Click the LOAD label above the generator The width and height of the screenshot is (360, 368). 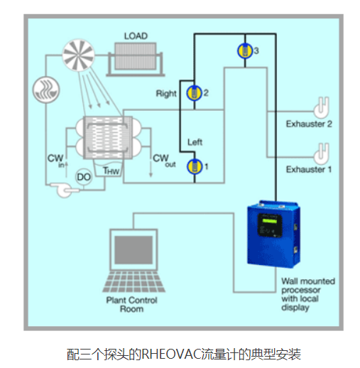pos(136,36)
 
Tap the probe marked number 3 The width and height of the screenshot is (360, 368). pos(245,50)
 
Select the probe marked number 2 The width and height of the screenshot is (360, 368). pos(195,93)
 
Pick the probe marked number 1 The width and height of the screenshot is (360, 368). pos(195,166)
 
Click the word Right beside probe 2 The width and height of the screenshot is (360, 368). pos(166,94)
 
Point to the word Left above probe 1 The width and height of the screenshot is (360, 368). pos(195,142)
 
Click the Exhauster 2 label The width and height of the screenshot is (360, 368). pos(309,124)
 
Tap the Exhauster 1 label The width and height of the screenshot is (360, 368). pos(309,169)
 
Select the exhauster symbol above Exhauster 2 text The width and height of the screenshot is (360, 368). pos(322,107)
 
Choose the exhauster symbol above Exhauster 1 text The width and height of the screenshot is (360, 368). pos(322,154)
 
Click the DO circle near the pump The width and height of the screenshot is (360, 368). pos(84,177)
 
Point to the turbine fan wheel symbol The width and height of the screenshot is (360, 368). pos(78,55)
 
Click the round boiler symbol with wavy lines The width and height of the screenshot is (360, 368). pos(46,90)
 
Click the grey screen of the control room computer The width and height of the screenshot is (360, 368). pos(133,250)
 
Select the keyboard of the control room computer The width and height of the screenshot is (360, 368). pos(134,282)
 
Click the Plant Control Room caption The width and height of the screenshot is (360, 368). pos(131,305)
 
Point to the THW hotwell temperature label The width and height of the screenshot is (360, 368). pos(111,171)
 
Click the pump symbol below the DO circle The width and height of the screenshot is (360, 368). pos(64,190)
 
